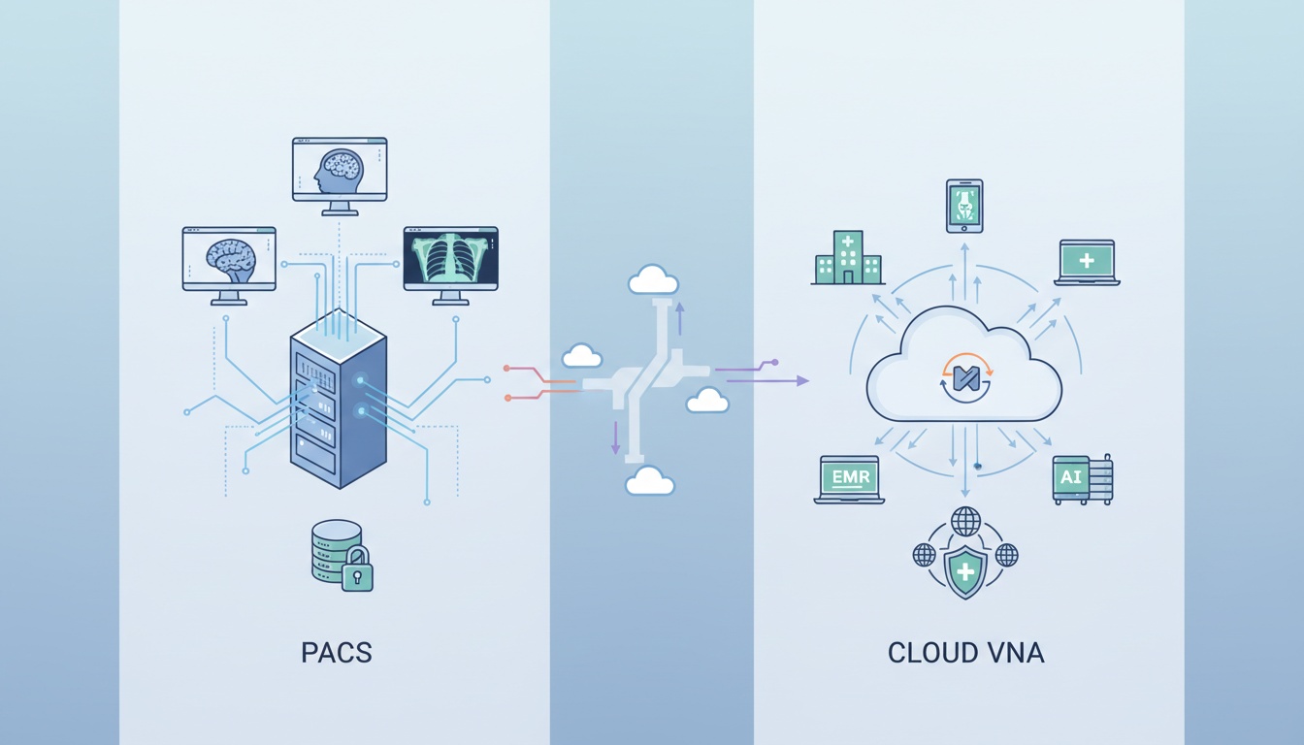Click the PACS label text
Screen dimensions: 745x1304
336,653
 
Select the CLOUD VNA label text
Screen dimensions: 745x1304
965,653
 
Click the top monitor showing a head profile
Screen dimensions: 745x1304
340,171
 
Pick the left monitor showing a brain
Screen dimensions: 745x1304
229,259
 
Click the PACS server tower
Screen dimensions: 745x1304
338,403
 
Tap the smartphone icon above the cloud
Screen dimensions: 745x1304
964,206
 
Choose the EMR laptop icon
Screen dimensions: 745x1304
849,479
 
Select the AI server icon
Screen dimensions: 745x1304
1082,479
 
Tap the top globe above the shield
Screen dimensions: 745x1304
965,521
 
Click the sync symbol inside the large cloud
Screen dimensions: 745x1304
965,377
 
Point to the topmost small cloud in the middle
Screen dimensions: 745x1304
653,280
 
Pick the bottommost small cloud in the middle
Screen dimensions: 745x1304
649,481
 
